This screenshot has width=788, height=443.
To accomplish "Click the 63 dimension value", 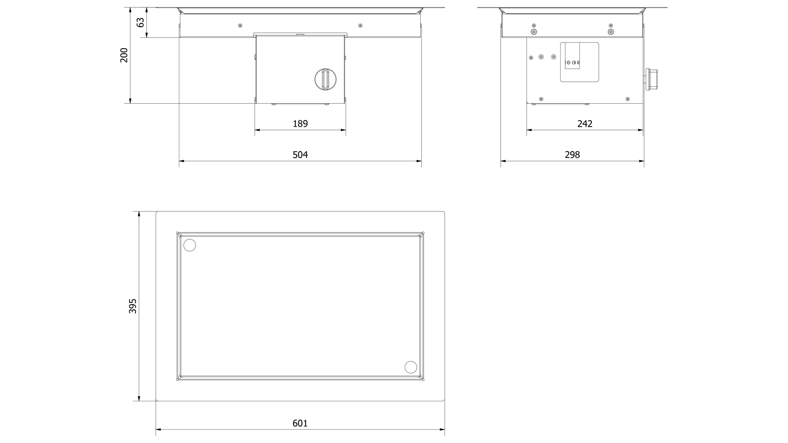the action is (141, 22).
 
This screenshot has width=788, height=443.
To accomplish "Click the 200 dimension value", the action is (124, 55).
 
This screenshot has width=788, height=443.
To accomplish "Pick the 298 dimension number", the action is (572, 155).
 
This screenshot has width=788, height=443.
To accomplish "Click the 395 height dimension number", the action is (133, 306).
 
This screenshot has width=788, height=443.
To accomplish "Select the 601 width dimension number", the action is (300, 423).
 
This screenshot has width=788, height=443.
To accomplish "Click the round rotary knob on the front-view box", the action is (325, 79).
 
